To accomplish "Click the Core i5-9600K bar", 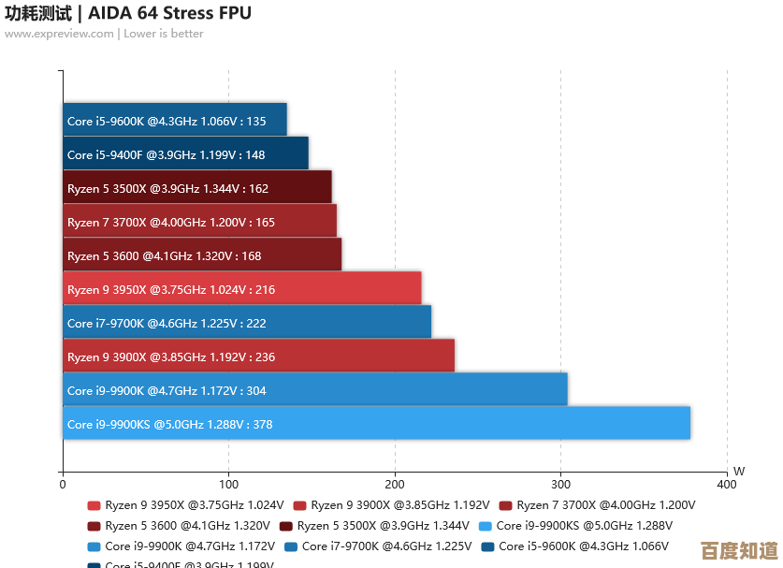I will (175, 120).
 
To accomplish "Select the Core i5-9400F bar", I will (185, 153).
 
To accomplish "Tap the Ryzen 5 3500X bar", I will (197, 187).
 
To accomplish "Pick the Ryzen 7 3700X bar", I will (199, 221).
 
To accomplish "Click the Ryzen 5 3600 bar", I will (202, 255).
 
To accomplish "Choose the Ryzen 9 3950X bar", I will (242, 288).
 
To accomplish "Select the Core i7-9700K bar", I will (247, 322).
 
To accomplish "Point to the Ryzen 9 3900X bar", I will (258, 356).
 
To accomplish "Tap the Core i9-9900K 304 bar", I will (315, 389).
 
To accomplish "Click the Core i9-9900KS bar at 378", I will (376, 423).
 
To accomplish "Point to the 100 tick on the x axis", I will (228, 484).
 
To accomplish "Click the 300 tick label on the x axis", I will (560, 484).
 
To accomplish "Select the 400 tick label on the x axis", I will (726, 484).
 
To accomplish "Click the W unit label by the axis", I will (739, 471).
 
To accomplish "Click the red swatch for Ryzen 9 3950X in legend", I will (94, 505).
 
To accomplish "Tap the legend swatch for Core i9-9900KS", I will (486, 526).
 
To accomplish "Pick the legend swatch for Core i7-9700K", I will (291, 546).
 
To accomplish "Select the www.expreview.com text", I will (58, 34).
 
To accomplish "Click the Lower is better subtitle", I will (164, 34).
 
